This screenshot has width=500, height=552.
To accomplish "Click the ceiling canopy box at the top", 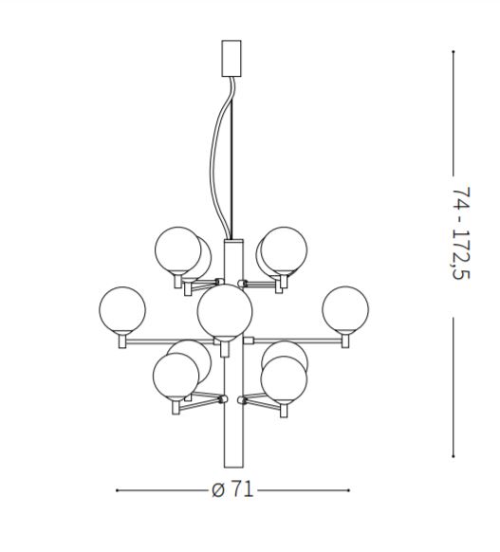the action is [231, 58].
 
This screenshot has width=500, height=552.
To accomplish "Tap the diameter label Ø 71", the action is [232, 489].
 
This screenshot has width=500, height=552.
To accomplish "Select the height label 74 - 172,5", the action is [461, 233].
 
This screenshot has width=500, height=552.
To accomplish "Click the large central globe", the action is [225, 311].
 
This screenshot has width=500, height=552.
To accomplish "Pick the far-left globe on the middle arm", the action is [122, 310].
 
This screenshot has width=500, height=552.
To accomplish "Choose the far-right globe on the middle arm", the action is [345, 309].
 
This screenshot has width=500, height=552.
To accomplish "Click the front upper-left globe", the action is [177, 249].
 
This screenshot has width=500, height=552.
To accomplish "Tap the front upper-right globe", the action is [284, 249].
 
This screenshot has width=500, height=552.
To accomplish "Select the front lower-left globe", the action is [176, 376].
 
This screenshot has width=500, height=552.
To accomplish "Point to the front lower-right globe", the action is [284, 379].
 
